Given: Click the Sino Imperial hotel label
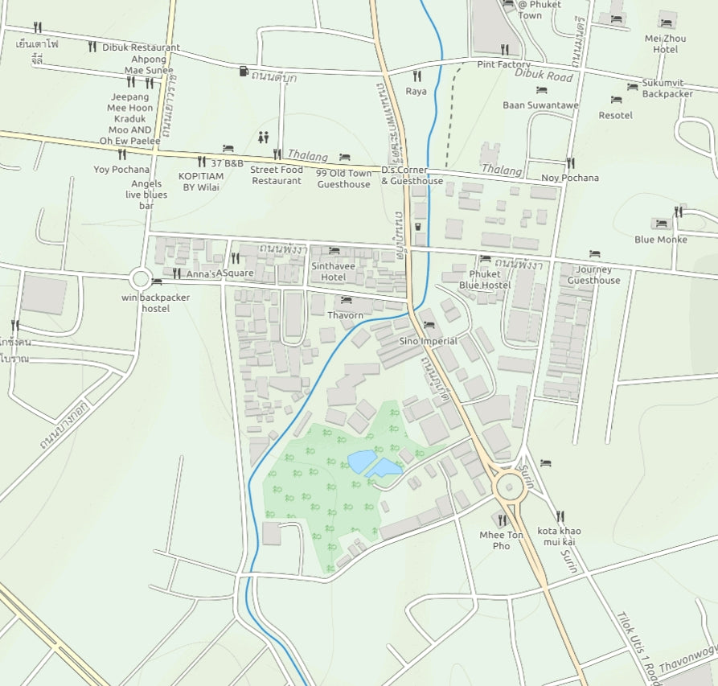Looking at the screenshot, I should (428, 341).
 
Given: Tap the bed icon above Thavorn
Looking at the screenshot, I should (346, 300).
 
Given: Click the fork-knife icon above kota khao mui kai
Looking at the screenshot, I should (560, 516).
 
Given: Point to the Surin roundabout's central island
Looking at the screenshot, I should (510, 485).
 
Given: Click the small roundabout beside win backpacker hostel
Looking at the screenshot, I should (141, 279).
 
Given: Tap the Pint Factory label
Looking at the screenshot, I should (503, 64).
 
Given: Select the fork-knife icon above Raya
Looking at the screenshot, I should (416, 76).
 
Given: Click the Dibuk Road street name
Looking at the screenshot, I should (544, 76).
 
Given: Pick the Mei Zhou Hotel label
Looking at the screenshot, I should (666, 43).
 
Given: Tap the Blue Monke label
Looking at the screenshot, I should (661, 239).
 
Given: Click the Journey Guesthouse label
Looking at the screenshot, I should (594, 275).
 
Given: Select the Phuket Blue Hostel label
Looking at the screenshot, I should (485, 280).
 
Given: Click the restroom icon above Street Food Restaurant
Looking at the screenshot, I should (264, 138).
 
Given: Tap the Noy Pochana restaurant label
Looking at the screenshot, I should (570, 178).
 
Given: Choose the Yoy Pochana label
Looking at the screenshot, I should (121, 169).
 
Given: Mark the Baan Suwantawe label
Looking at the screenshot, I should (540, 105).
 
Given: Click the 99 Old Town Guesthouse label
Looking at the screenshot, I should (344, 179).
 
